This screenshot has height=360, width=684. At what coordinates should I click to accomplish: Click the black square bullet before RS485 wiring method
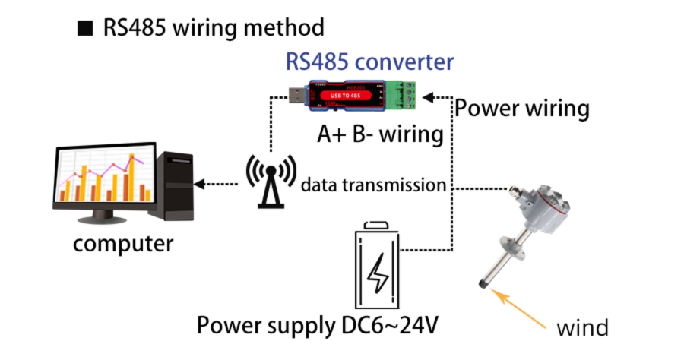coord(84,29)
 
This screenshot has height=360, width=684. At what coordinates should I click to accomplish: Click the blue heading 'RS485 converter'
coord(369,62)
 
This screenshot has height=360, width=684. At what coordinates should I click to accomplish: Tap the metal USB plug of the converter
coord(293,96)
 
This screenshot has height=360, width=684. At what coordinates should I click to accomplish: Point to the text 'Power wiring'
coord(522,108)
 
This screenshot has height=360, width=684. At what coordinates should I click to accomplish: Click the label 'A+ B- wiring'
coord(380,134)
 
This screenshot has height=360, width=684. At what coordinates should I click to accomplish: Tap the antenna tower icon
coord(268,182)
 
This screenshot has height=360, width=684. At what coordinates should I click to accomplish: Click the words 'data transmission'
coord(372,185)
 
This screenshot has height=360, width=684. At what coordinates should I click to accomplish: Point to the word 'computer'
coord(123,245)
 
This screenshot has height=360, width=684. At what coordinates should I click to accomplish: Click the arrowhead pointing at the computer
coord(199,184)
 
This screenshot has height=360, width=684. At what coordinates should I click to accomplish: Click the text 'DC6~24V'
coord(387,325)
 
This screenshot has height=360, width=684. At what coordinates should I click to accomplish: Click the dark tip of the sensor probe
coord(481,285)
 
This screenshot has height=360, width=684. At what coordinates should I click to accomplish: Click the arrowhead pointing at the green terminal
coord(427,96)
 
